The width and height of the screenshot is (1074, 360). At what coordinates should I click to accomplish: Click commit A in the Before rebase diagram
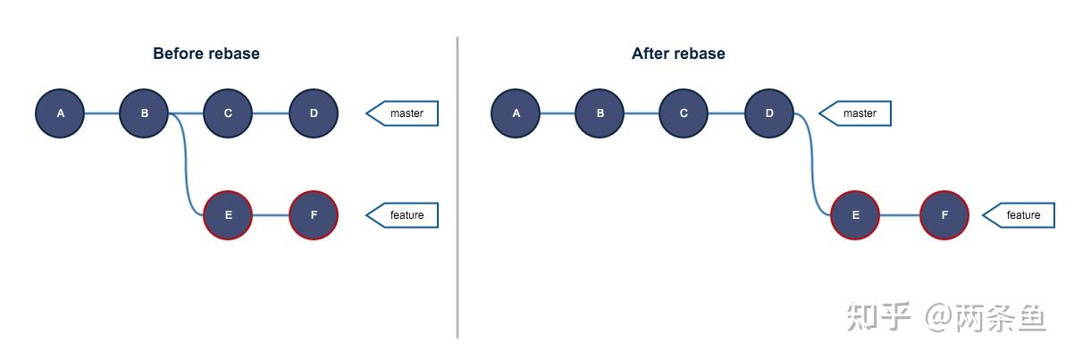[x=61, y=113]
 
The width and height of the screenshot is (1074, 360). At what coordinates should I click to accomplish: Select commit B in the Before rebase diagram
[x=144, y=113]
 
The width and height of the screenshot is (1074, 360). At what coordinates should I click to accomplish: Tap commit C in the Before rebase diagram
[x=228, y=113]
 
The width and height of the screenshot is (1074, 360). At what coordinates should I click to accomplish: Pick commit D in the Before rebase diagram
[x=314, y=113]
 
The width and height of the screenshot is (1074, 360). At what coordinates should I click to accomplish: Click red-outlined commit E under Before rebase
[x=228, y=215]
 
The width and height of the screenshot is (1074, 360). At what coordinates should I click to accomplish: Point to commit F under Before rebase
[x=314, y=215]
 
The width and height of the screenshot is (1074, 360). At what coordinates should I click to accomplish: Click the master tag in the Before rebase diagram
[x=405, y=113]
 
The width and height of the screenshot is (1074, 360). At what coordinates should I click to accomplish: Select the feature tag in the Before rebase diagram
[x=405, y=215]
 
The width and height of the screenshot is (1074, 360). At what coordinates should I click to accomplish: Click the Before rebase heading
[x=206, y=54]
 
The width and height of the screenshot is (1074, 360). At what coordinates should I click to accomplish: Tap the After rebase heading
[x=678, y=54]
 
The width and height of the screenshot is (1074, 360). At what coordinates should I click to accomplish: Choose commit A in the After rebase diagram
[x=516, y=113]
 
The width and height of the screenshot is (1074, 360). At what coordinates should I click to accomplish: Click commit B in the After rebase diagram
[x=600, y=113]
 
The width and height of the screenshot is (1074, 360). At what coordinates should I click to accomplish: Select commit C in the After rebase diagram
[x=684, y=113]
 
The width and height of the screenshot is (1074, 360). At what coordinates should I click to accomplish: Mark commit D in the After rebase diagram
[x=769, y=113]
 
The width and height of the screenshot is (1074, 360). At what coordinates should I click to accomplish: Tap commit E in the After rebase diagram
[x=855, y=215]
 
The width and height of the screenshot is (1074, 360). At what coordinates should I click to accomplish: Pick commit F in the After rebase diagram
[x=944, y=215]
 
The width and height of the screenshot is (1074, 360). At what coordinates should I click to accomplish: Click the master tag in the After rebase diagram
[x=858, y=113]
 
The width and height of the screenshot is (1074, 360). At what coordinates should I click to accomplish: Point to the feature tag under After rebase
[x=1021, y=215]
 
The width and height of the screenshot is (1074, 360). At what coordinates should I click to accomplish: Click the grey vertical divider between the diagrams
[x=457, y=188]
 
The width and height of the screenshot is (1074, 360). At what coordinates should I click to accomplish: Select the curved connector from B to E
[x=187, y=170]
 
